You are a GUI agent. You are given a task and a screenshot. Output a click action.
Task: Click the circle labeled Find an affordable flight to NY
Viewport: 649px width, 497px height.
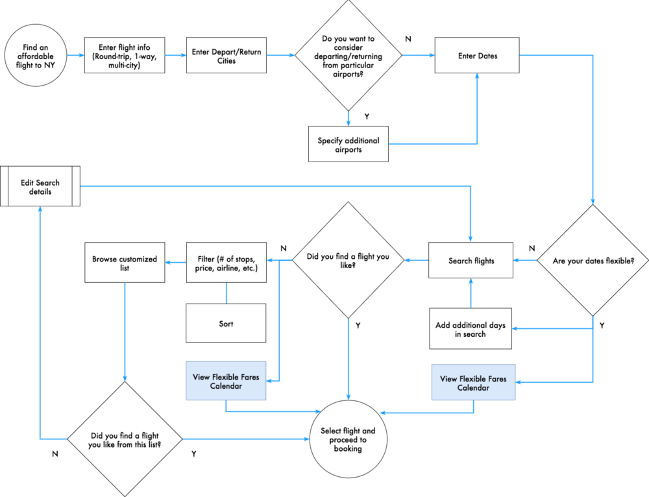click(33, 56)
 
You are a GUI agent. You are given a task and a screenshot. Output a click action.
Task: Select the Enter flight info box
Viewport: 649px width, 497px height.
click(125, 56)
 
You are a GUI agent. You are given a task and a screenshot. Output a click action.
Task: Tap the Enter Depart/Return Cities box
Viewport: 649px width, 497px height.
click(227, 56)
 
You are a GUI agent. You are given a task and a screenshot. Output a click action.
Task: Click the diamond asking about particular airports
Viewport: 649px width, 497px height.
click(349, 56)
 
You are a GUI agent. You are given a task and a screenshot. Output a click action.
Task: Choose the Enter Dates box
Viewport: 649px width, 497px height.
click(478, 56)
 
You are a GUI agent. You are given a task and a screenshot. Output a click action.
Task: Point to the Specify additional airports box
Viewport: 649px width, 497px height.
click(349, 145)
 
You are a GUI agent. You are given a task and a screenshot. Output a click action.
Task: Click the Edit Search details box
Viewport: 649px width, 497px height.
click(40, 187)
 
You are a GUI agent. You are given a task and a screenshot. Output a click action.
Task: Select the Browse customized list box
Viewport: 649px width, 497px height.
click(125, 263)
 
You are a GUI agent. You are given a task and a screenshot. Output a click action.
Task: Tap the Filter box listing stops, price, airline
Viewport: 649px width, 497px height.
click(227, 263)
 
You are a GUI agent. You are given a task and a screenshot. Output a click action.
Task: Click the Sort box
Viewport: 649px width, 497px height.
click(227, 323)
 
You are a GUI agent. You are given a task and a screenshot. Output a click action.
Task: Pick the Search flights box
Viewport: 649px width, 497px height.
click(471, 261)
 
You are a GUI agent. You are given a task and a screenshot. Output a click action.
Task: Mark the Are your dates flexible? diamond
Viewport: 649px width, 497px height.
click(592, 261)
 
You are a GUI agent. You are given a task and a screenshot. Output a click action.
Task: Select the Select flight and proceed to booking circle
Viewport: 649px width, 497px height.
click(348, 440)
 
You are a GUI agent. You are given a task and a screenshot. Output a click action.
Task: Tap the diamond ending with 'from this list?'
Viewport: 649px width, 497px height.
click(125, 439)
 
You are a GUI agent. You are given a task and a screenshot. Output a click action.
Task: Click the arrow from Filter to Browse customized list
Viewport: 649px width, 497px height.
click(176, 263)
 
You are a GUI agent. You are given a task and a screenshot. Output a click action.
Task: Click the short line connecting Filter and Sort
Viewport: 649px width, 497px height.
click(227, 293)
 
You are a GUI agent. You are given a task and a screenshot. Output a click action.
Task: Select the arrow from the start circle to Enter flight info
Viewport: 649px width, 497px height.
click(75, 56)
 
